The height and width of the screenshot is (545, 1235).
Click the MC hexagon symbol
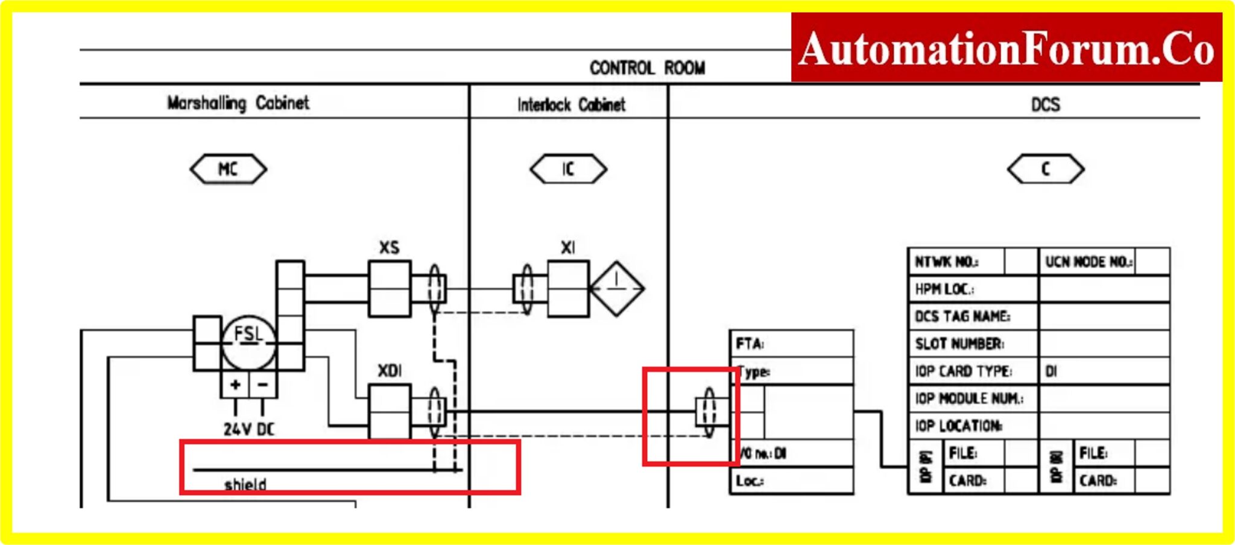[228, 169]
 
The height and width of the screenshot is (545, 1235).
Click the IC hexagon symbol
[568, 169]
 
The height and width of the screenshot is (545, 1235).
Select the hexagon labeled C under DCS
[1046, 169]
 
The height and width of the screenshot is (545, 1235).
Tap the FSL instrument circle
[248, 342]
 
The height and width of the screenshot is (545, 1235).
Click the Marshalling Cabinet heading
[238, 103]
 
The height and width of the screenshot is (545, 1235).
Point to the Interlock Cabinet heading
[571, 105]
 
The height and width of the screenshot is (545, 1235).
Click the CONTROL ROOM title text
[647, 68]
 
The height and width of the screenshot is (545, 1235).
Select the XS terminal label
[389, 248]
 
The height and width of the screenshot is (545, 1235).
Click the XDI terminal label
[390, 371]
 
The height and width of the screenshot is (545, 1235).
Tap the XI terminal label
[568, 248]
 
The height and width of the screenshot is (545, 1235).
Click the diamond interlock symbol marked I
[616, 288]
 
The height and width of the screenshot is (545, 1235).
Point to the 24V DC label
[248, 429]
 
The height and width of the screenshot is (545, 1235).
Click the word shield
[245, 484]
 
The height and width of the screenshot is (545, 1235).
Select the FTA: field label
[750, 344]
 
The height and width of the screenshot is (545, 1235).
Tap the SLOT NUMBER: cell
[959, 344]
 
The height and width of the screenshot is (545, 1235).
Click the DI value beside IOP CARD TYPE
[1051, 371]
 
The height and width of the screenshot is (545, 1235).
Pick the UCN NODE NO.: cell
[1088, 262]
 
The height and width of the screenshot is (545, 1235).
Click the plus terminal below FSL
[235, 385]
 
